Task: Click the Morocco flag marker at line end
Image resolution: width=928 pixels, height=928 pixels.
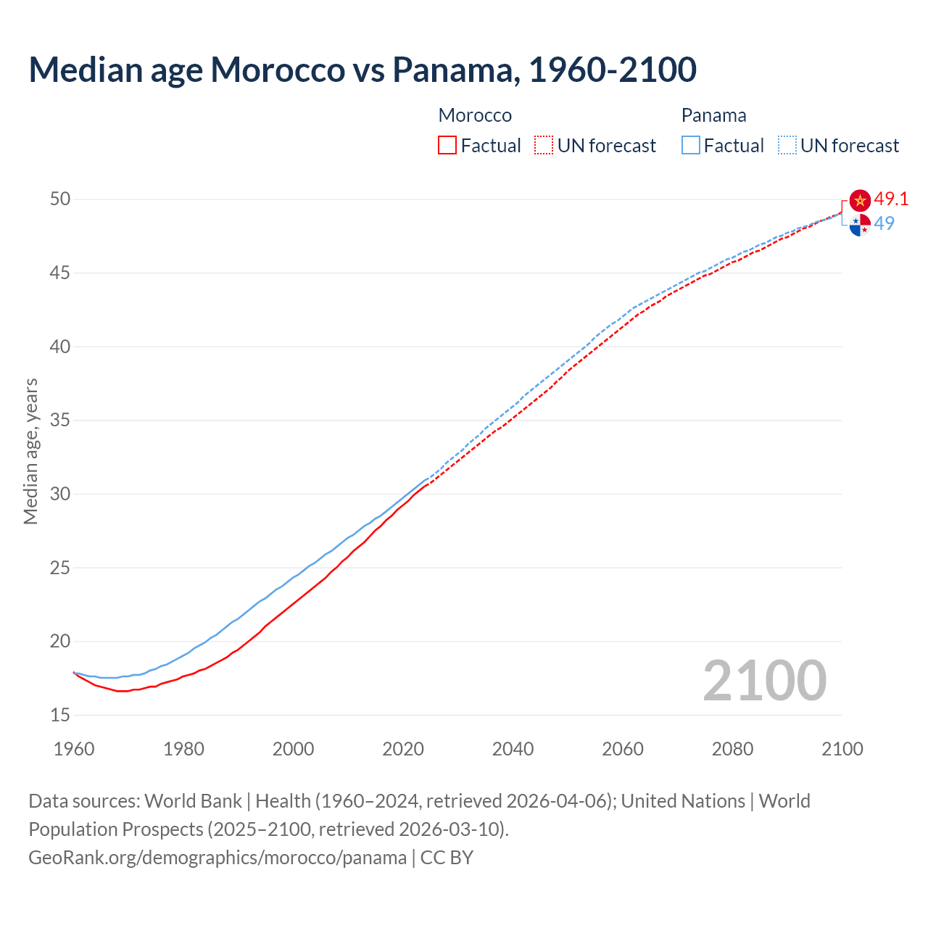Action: pyautogui.click(x=860, y=200)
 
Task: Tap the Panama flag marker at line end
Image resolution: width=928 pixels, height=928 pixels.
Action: pyautogui.click(x=860, y=225)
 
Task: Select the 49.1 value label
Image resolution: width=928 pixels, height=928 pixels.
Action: pyautogui.click(x=891, y=199)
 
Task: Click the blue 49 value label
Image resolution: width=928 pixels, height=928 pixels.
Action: pyautogui.click(x=884, y=223)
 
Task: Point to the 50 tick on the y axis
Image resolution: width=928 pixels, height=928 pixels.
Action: pyautogui.click(x=60, y=199)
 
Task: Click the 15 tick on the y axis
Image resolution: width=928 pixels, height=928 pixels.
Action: pyautogui.click(x=60, y=715)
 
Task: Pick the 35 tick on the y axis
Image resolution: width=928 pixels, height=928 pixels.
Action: pyautogui.click(x=60, y=420)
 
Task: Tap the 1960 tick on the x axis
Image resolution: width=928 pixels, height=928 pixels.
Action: pyautogui.click(x=74, y=749)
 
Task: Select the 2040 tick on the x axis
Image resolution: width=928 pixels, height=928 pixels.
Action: pyautogui.click(x=513, y=749)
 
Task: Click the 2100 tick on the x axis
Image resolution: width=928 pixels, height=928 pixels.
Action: pyautogui.click(x=842, y=749)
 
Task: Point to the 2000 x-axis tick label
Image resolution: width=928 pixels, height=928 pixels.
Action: pyautogui.click(x=293, y=749)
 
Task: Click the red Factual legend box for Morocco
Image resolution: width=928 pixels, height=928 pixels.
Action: pyautogui.click(x=447, y=146)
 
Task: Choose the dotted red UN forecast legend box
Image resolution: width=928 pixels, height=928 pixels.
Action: pyautogui.click(x=544, y=146)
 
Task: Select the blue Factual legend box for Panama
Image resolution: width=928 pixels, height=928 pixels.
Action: pyautogui.click(x=691, y=146)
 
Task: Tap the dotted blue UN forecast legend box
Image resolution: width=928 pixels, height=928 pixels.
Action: pyautogui.click(x=787, y=146)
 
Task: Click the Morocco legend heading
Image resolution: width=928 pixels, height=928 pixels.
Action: pyautogui.click(x=475, y=115)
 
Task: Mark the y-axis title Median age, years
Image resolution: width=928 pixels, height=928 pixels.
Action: pyautogui.click(x=30, y=451)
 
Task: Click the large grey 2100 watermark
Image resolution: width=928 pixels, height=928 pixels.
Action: pyautogui.click(x=764, y=681)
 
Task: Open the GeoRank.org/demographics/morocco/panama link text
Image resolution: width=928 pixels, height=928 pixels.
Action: pyautogui.click(x=217, y=858)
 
